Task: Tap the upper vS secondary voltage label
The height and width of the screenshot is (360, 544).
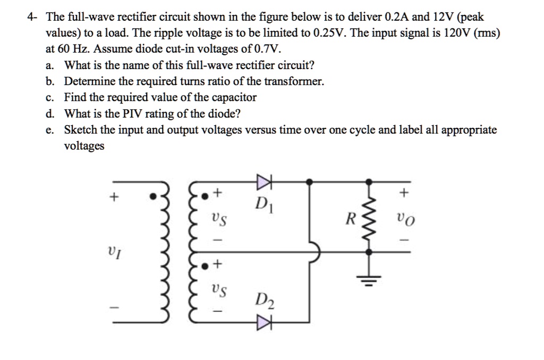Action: point(216,219)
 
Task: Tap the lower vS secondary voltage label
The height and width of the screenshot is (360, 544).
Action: point(216,290)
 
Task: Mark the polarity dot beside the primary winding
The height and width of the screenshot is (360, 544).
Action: point(152,196)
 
